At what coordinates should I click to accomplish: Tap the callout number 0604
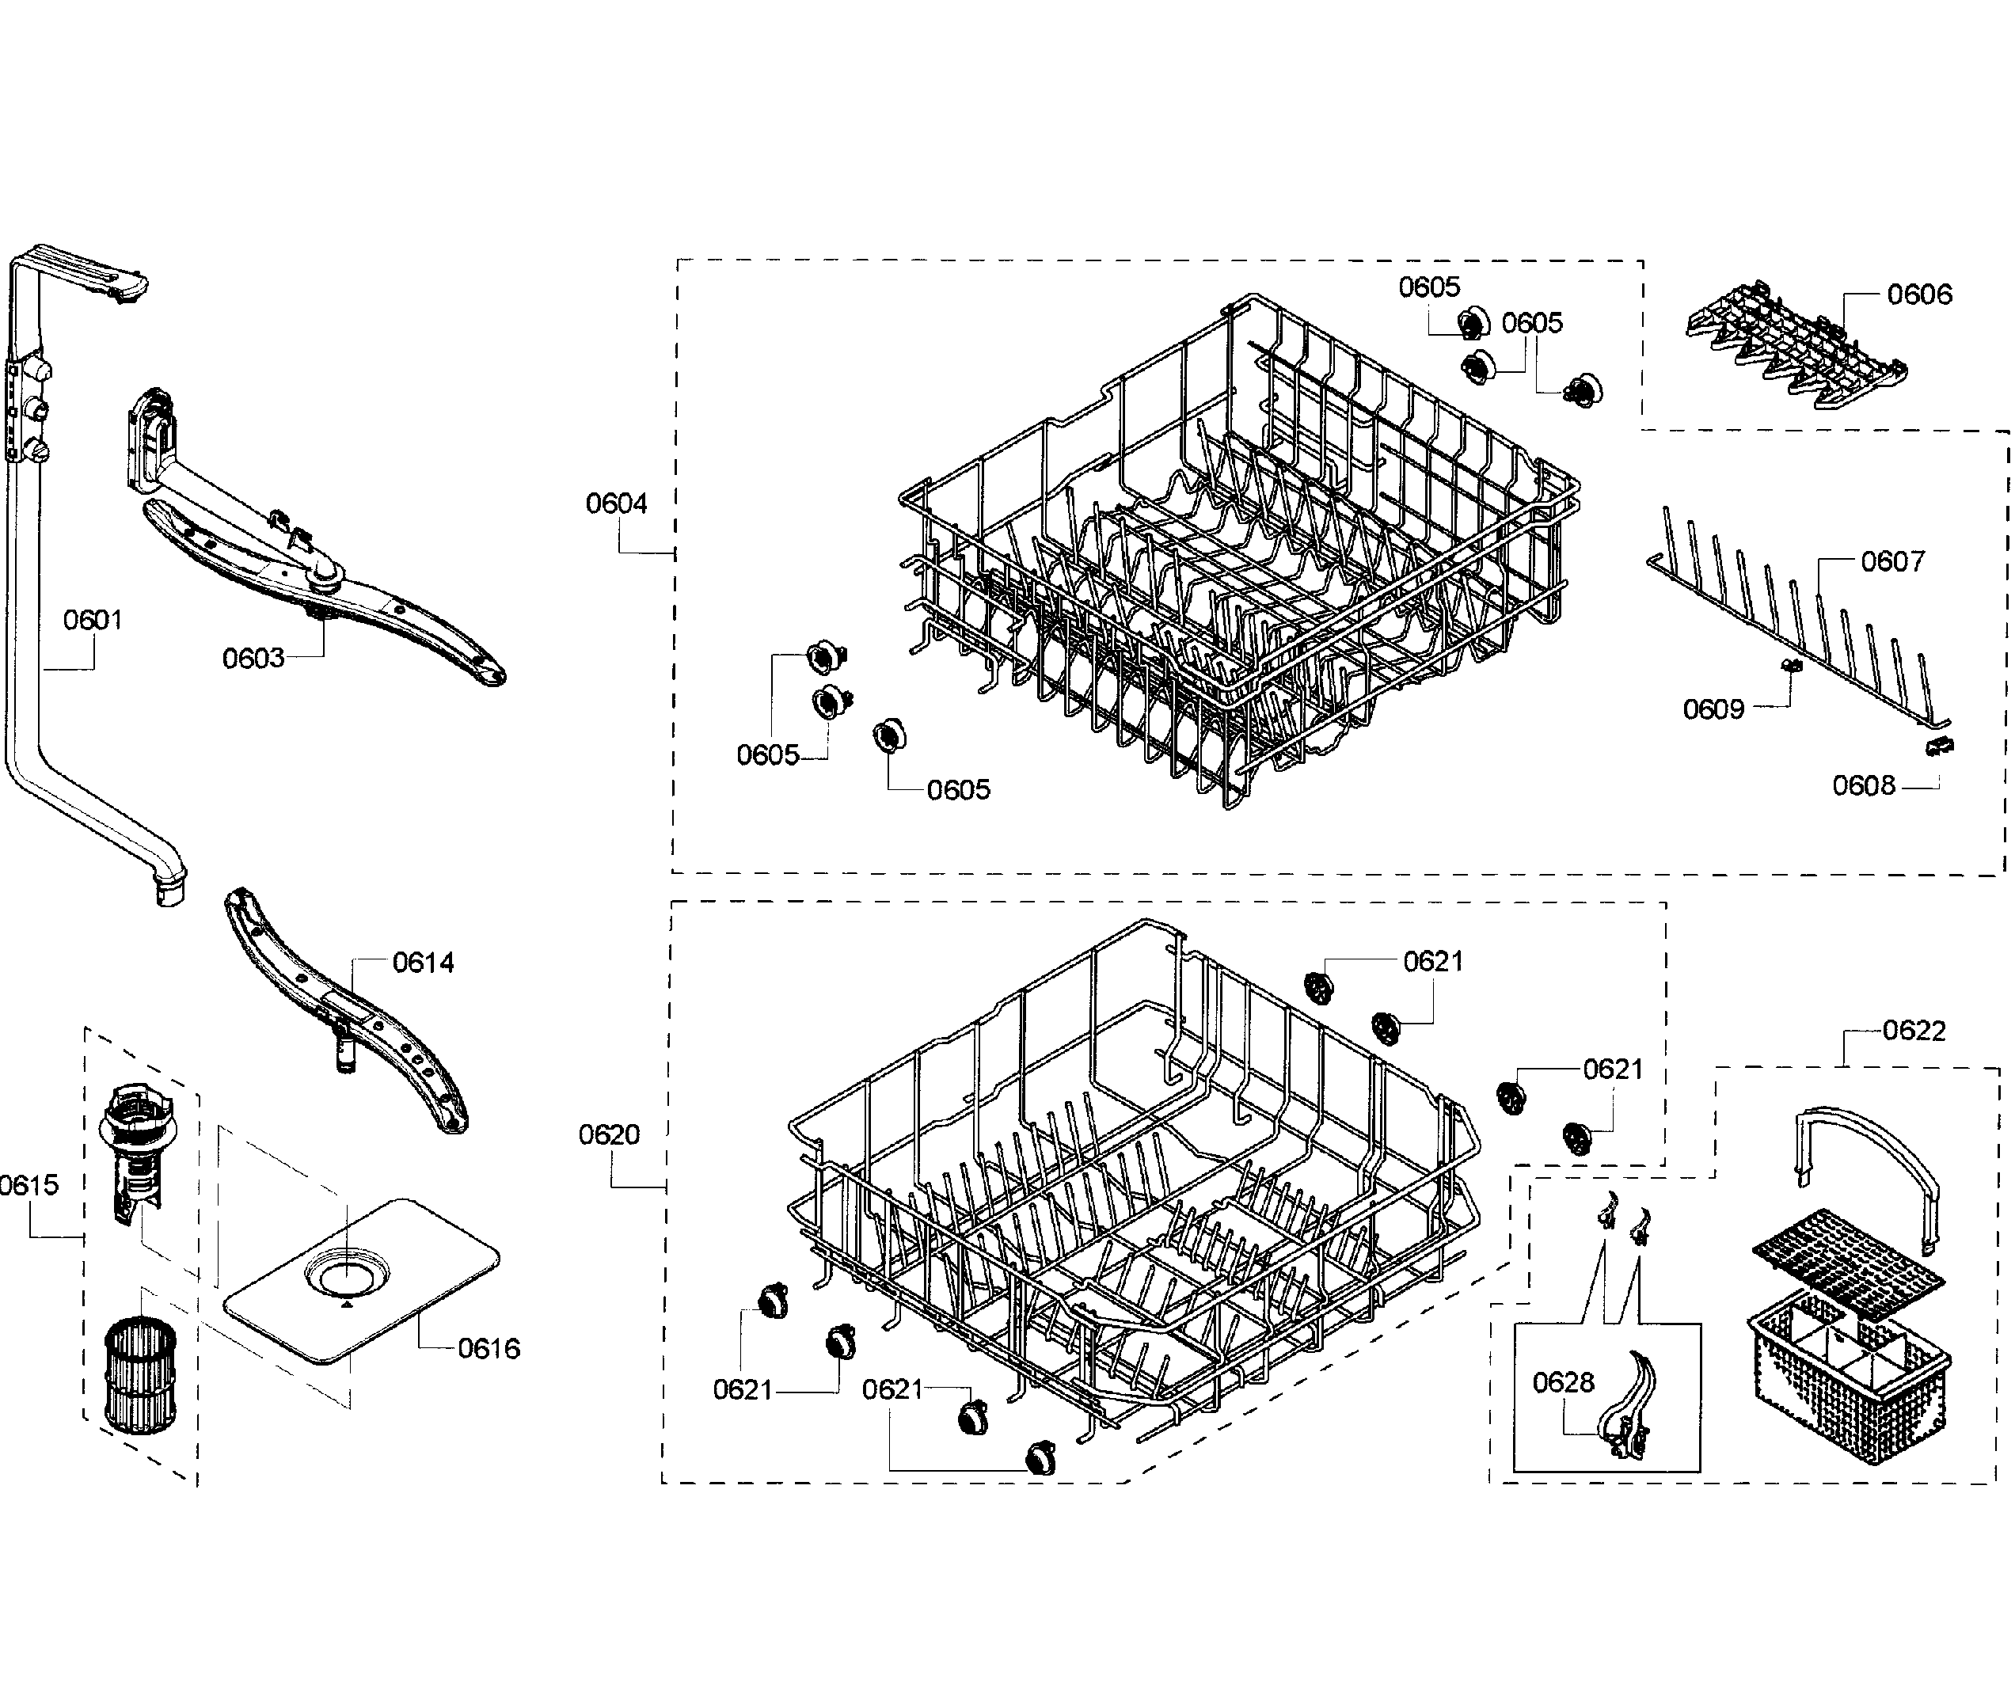pyautogui.click(x=616, y=503)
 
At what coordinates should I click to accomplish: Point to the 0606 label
pyautogui.click(x=1918, y=295)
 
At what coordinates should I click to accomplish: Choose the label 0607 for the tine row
pyautogui.click(x=1891, y=561)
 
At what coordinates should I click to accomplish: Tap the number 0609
pyautogui.click(x=1713, y=710)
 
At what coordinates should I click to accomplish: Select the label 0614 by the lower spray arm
pyautogui.click(x=423, y=963)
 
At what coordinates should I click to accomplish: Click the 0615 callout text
pyautogui.click(x=29, y=1185)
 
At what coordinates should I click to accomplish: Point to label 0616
pyautogui.click(x=489, y=1349)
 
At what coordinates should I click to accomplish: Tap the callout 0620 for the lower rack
pyautogui.click(x=608, y=1134)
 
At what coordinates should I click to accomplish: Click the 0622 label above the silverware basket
pyautogui.click(x=1914, y=1031)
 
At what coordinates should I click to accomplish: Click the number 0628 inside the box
pyautogui.click(x=1562, y=1383)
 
